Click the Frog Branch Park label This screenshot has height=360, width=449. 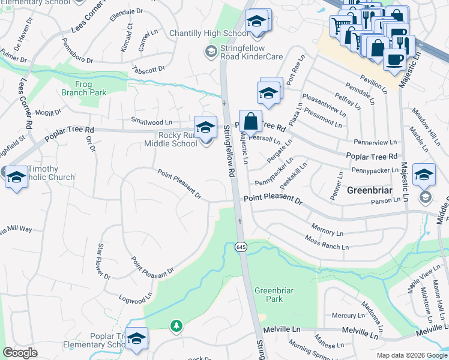pos(83,88)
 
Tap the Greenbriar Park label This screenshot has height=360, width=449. pos(273,295)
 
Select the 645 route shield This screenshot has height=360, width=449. pos(241,247)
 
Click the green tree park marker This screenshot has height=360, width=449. pos(176,326)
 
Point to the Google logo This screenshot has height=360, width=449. pos(20,353)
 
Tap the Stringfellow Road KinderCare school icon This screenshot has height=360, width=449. pos(211,52)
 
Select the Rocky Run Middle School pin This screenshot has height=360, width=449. pos(205,128)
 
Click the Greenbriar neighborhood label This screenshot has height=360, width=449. pos(370,190)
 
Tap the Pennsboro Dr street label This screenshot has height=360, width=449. pos(78,51)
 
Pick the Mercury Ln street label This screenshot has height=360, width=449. pos(344,315)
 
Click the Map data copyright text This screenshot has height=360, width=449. pos(411,355)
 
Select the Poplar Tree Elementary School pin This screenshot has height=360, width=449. pos(136,339)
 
